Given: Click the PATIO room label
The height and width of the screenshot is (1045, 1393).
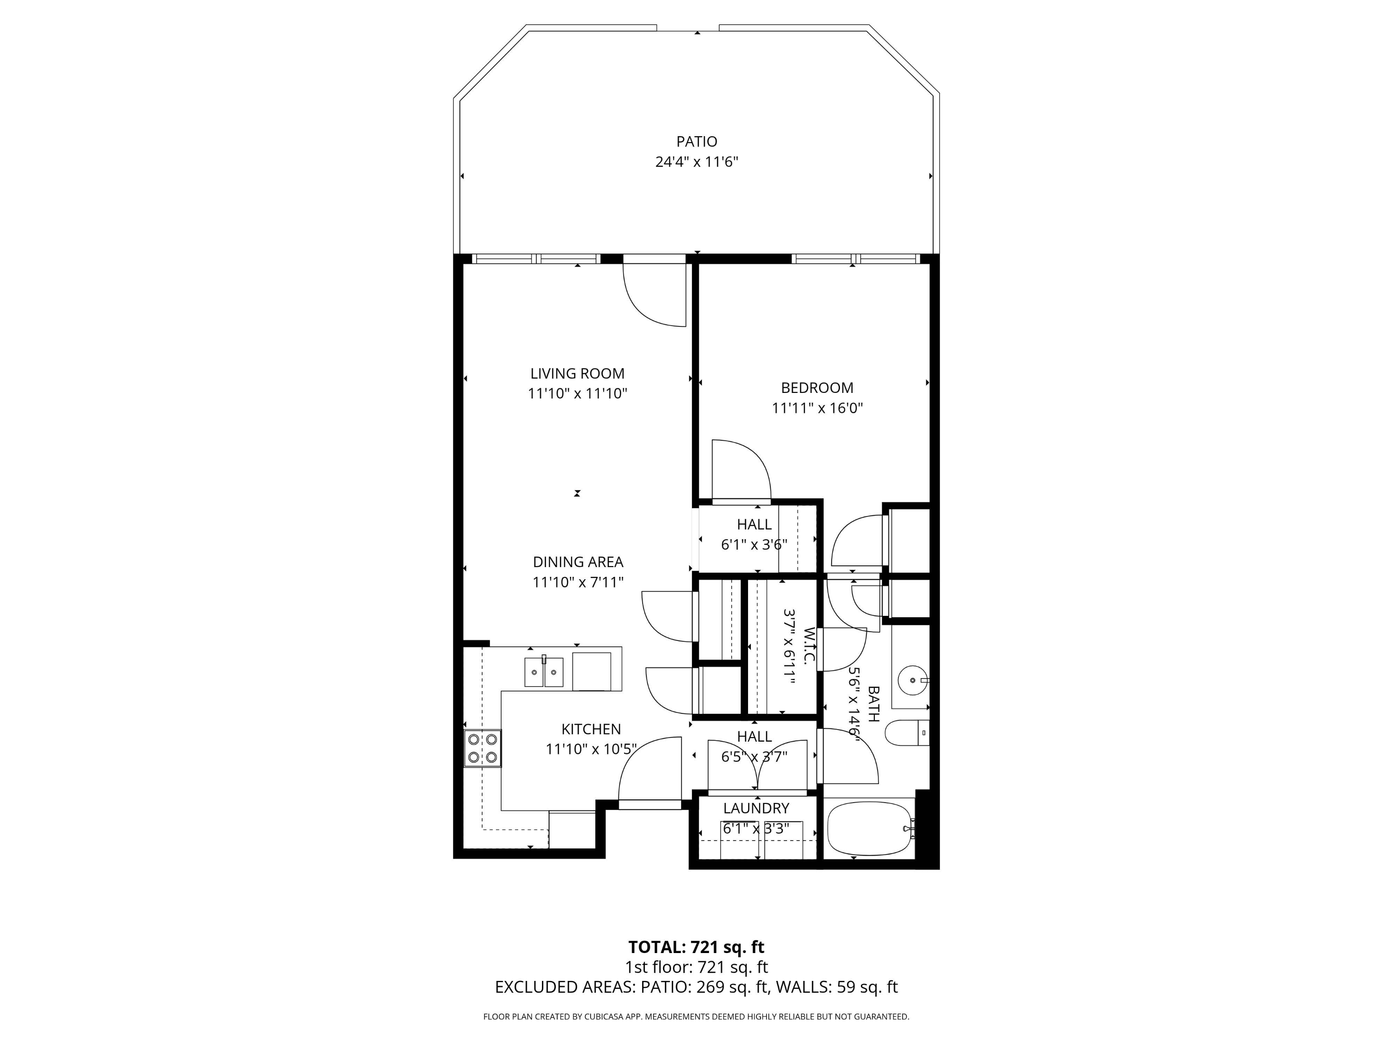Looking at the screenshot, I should click(x=696, y=142).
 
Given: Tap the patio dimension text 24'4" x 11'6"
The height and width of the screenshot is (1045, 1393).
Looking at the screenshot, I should click(x=696, y=162).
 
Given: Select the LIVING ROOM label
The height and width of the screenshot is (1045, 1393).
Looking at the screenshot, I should click(x=578, y=373).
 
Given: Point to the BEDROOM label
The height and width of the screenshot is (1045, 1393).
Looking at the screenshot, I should click(x=817, y=388).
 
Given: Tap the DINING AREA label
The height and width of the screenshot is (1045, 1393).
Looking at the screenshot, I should click(x=578, y=562).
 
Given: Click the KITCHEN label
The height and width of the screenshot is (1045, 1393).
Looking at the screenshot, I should click(x=591, y=729).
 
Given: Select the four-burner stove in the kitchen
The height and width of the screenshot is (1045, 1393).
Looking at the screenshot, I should click(x=483, y=748).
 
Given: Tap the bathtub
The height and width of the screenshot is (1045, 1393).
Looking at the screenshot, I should click(x=869, y=828).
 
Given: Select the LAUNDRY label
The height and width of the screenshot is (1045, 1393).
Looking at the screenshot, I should click(x=755, y=808).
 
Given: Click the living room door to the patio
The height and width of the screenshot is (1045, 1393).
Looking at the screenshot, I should click(x=655, y=293).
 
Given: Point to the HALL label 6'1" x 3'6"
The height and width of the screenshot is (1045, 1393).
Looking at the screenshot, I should click(x=754, y=524).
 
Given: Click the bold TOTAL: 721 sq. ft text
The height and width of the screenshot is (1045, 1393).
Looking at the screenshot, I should click(x=696, y=947).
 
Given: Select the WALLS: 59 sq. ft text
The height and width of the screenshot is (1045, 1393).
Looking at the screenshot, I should click(x=836, y=987).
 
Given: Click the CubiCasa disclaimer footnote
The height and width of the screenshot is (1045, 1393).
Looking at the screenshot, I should click(x=696, y=1017).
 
